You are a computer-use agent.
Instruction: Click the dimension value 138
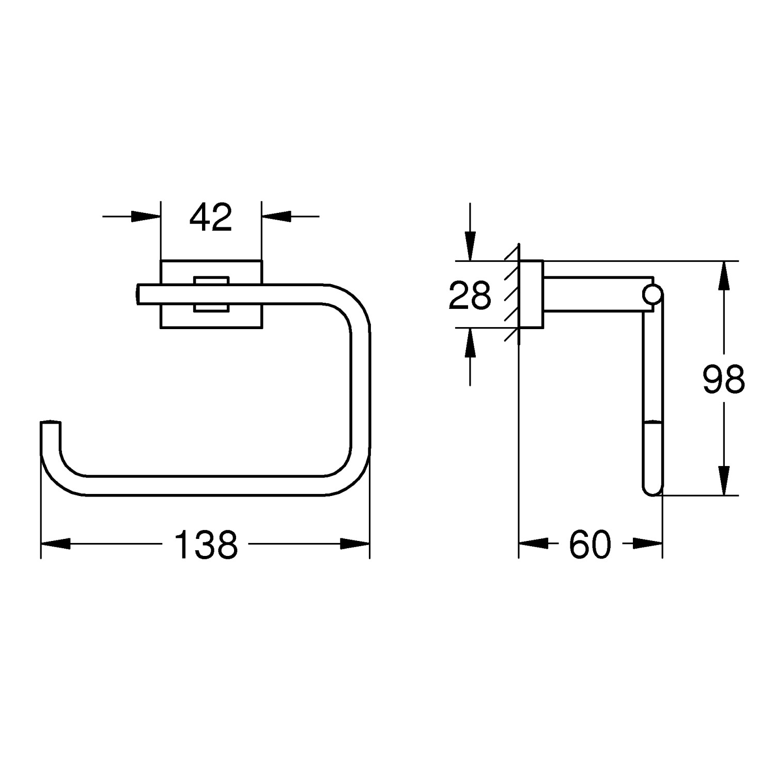coord(206,545)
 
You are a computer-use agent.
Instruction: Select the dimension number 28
coord(469,296)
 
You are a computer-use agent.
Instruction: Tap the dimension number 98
coord(723,379)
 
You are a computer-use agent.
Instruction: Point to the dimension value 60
coord(590,545)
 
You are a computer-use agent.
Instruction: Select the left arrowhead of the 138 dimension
coord(55,544)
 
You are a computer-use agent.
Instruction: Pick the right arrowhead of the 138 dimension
coord(355,544)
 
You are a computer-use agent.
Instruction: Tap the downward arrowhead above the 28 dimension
coord(470,246)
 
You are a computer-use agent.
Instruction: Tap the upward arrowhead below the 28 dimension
coord(470,343)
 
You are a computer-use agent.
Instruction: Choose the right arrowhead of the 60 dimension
coord(648,544)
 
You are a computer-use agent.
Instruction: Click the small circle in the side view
coord(652,295)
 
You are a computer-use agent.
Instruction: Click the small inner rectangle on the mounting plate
coord(211,295)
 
